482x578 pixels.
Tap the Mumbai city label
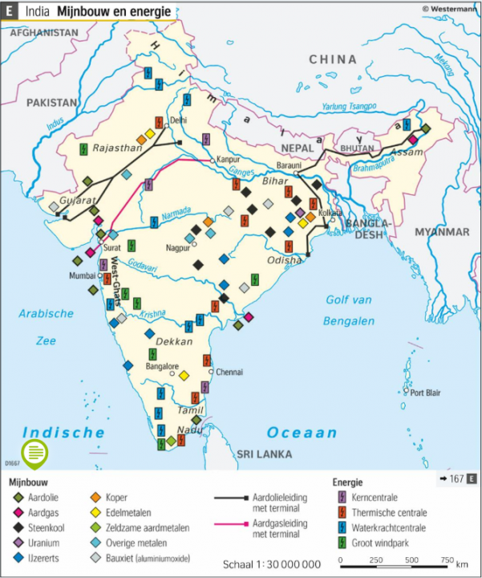pos(83,275)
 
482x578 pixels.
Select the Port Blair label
pos(427,393)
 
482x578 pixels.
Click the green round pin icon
pos(34,455)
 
